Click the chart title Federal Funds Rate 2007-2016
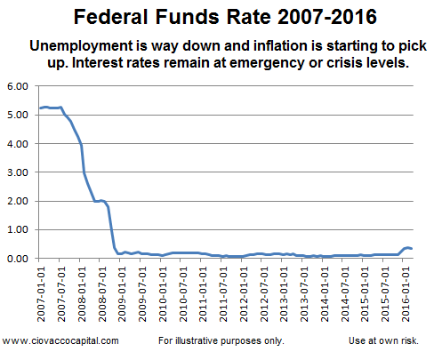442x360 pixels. coord(225,17)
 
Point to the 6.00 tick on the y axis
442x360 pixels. coord(18,86)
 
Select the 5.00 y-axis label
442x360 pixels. coord(18,115)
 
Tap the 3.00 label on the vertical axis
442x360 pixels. coord(18,172)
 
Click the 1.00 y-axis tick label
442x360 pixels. coord(18,229)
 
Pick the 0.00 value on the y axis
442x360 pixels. coord(18,259)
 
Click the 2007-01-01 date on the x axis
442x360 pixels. coord(41,294)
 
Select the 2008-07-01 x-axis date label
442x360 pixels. coord(102,294)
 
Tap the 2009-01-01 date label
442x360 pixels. coord(122,294)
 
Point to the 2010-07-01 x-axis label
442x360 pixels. coord(183,294)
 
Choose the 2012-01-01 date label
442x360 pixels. coord(244,294)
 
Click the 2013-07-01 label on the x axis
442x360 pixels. coord(304,294)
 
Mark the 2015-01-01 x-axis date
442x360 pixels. coord(365,294)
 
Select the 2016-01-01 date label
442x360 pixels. coord(406,294)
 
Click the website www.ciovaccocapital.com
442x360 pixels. coord(60,340)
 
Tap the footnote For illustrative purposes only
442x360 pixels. coord(221,340)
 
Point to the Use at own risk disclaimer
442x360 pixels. coord(383,340)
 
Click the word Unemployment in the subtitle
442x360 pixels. coord(82,46)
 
